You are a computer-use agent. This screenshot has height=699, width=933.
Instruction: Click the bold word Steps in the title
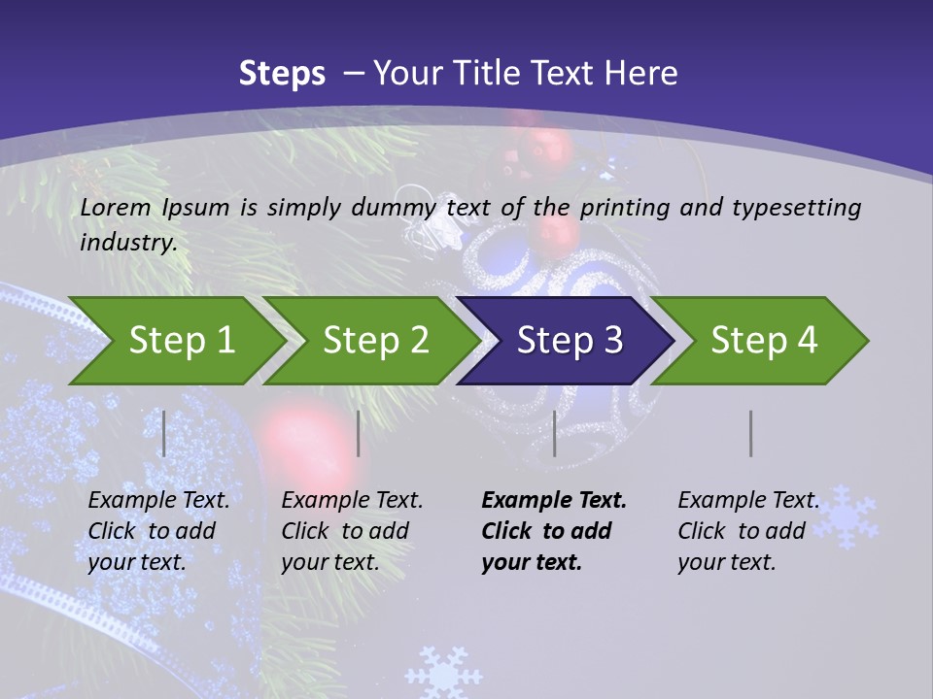(282, 73)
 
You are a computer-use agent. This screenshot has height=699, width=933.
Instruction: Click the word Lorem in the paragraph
(115, 207)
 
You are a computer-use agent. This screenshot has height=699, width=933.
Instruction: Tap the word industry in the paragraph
(127, 242)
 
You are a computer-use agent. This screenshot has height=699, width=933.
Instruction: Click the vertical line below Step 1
(164, 433)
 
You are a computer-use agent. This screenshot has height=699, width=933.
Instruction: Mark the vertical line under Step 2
(359, 433)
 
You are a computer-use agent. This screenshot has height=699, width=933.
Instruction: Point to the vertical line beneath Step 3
(554, 433)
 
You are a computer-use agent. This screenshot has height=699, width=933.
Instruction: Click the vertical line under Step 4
(750, 433)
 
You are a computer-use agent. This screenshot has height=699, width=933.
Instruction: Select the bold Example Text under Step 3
(553, 531)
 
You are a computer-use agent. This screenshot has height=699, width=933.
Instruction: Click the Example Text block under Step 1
(158, 531)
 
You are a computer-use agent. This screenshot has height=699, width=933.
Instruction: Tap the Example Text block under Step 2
(352, 531)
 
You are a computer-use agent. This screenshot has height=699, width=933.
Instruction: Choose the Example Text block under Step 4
(747, 531)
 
